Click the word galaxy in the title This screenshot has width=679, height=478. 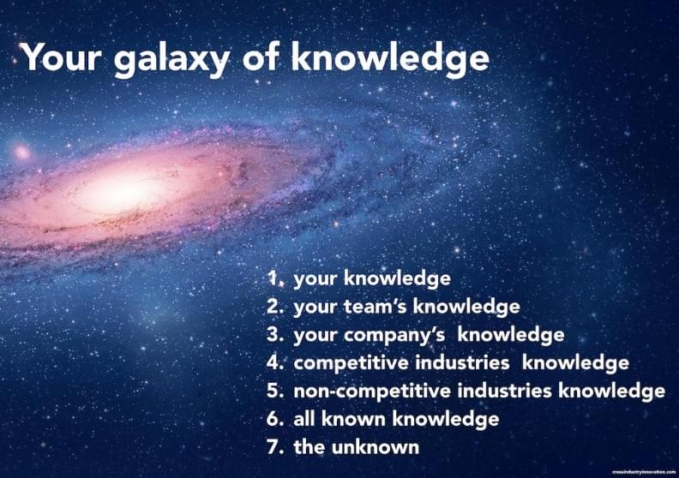[x=172, y=59]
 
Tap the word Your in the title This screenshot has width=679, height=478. [x=61, y=57]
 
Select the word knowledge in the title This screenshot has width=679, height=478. [x=390, y=59]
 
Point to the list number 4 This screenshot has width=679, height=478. [x=275, y=362]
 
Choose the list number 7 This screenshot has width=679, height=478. [x=275, y=447]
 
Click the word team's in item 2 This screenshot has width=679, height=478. [x=375, y=307]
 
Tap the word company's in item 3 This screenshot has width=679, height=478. [x=394, y=336]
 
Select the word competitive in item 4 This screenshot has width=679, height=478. [x=351, y=363]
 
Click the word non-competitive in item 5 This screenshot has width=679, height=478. [x=372, y=391]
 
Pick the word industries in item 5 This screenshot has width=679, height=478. [x=504, y=391]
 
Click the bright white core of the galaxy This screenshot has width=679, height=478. [x=123, y=193]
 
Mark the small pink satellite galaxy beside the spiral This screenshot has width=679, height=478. [x=21, y=152]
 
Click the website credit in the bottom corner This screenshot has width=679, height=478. [x=644, y=472]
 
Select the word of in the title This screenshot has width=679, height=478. [x=261, y=57]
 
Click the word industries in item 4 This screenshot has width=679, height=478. [x=462, y=362]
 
